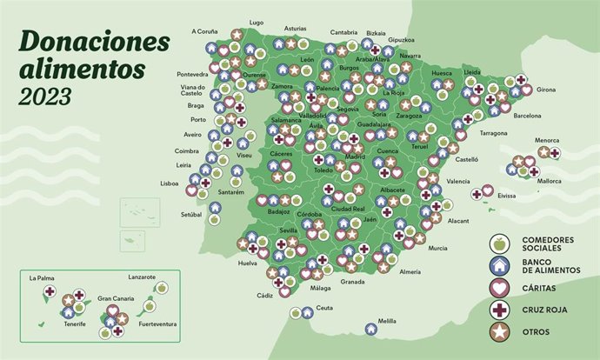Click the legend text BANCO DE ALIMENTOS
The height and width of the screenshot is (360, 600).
coord(550,266)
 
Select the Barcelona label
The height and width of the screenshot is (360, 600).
coord(528,116)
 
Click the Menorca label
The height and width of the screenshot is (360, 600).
coord(547,141)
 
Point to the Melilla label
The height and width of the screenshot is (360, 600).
coord(388,322)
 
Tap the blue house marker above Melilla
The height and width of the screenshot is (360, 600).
coord(370,329)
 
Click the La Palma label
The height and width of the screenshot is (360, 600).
coord(41,279)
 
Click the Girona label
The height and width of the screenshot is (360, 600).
coord(546,90)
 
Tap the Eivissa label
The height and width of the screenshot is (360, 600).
coord(507,196)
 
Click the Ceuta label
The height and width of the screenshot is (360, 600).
coord(324,308)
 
